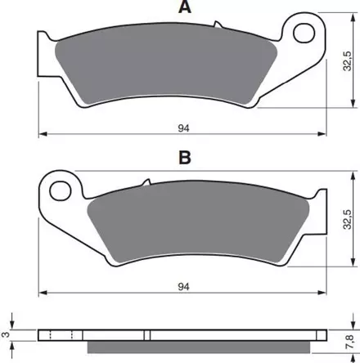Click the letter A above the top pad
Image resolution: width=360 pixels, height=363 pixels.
(x=185, y=7)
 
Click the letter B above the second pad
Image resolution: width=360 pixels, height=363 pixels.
(x=185, y=157)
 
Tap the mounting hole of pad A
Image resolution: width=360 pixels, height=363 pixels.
(x=304, y=33)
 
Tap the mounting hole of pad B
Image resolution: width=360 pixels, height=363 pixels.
(x=61, y=190)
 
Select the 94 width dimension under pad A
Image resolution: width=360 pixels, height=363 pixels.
(x=183, y=128)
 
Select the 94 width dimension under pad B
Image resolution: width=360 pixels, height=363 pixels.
(x=183, y=287)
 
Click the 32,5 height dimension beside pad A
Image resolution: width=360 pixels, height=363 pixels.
(x=348, y=61)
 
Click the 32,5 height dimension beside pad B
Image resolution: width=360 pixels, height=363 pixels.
(x=348, y=219)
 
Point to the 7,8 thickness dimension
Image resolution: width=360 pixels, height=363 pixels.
(x=349, y=342)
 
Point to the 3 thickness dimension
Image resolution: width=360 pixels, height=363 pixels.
(x=6, y=334)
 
